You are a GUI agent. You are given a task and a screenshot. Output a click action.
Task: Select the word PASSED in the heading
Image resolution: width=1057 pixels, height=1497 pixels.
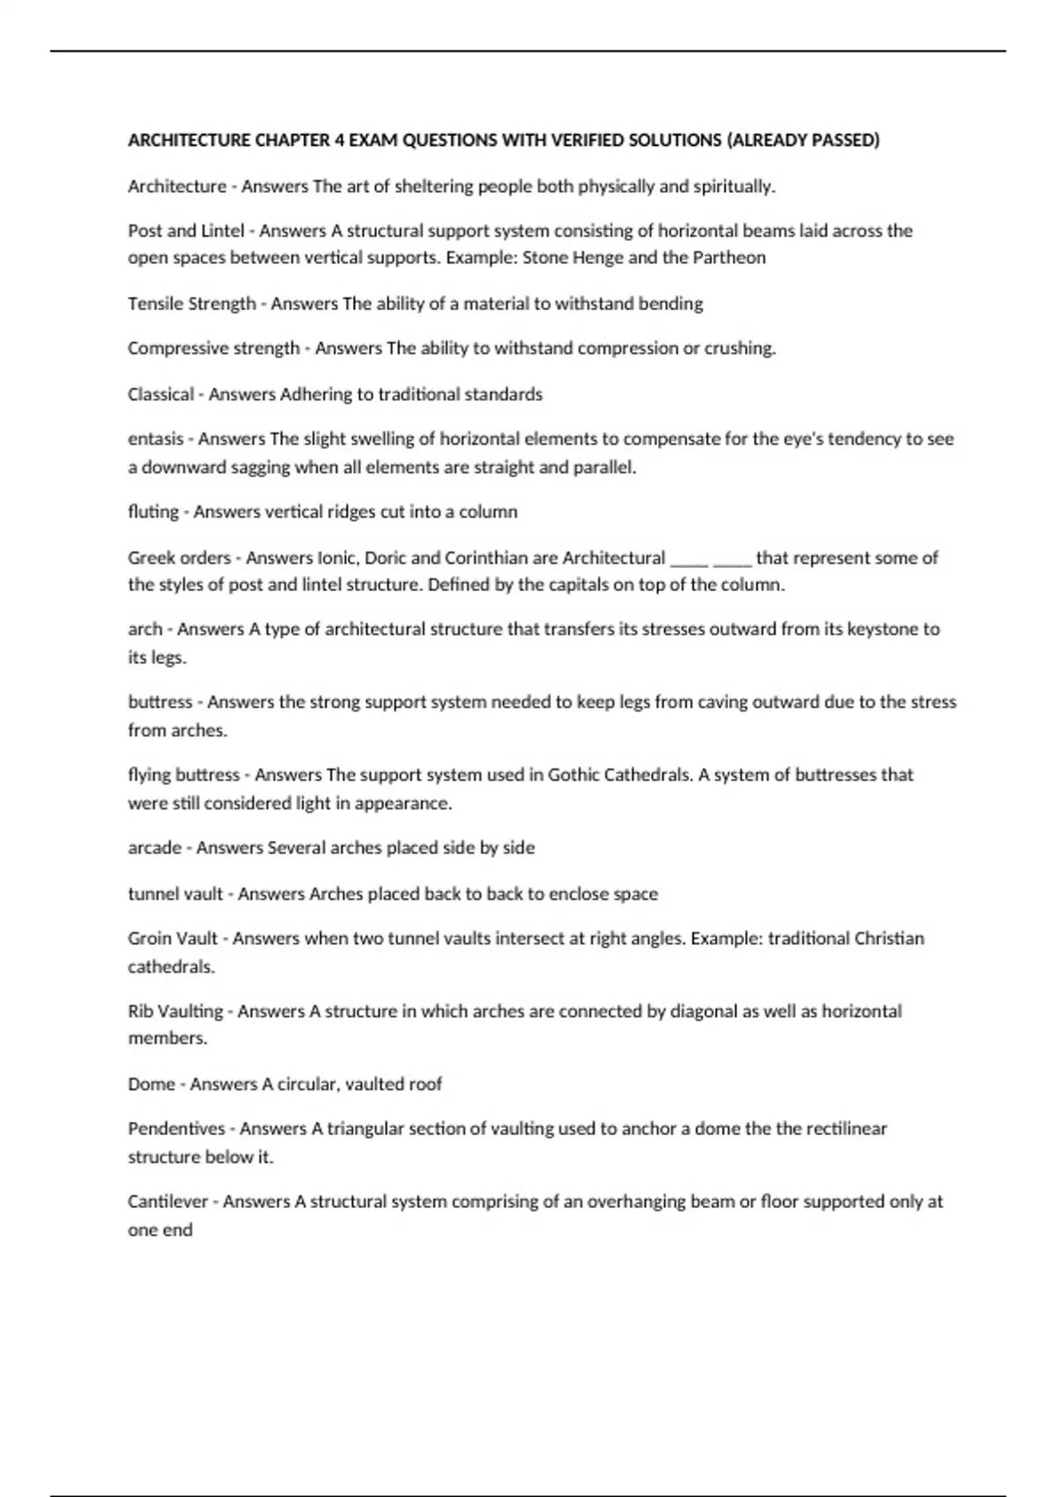841,140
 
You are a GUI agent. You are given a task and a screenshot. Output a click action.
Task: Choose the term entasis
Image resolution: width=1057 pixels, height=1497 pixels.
156,439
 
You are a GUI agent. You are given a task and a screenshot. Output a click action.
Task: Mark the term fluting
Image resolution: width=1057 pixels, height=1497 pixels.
153,513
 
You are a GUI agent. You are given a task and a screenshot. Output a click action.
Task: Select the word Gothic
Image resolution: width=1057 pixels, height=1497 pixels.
575,775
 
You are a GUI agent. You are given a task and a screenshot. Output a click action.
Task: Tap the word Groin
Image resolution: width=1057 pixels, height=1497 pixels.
149,939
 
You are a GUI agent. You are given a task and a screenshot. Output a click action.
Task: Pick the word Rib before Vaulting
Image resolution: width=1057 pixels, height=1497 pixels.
139,1011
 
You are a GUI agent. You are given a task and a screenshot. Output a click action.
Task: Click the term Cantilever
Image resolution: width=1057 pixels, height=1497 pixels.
168,1201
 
